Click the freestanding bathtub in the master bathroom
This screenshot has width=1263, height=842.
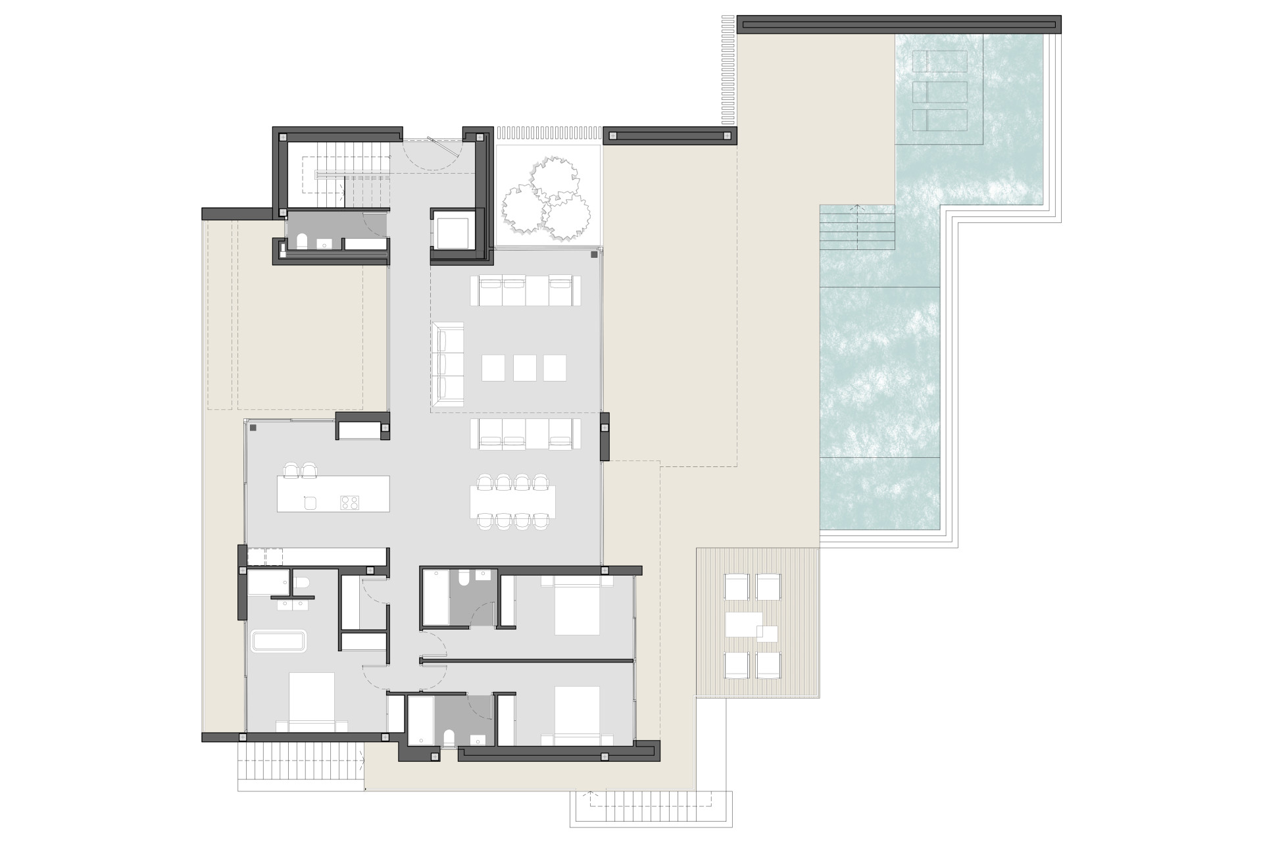(279, 641)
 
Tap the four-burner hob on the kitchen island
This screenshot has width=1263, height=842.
(349, 503)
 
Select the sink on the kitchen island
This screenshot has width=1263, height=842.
(310, 503)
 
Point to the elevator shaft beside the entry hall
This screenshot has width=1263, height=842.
(453, 229)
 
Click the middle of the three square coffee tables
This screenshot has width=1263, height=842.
(524, 368)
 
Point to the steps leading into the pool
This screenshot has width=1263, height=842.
(856, 227)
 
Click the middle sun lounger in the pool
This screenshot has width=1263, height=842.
(939, 91)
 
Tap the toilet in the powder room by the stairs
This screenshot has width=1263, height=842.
(302, 242)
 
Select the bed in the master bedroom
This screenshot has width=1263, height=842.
(311, 702)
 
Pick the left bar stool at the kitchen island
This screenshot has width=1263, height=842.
(290, 470)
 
